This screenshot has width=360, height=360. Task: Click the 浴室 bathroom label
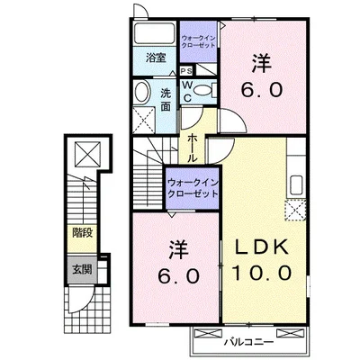155,58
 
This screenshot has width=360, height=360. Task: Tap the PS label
185,71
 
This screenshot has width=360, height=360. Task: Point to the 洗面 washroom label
167,98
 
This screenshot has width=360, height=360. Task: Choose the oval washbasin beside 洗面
143,93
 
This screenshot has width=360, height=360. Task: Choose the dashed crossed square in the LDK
297,211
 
